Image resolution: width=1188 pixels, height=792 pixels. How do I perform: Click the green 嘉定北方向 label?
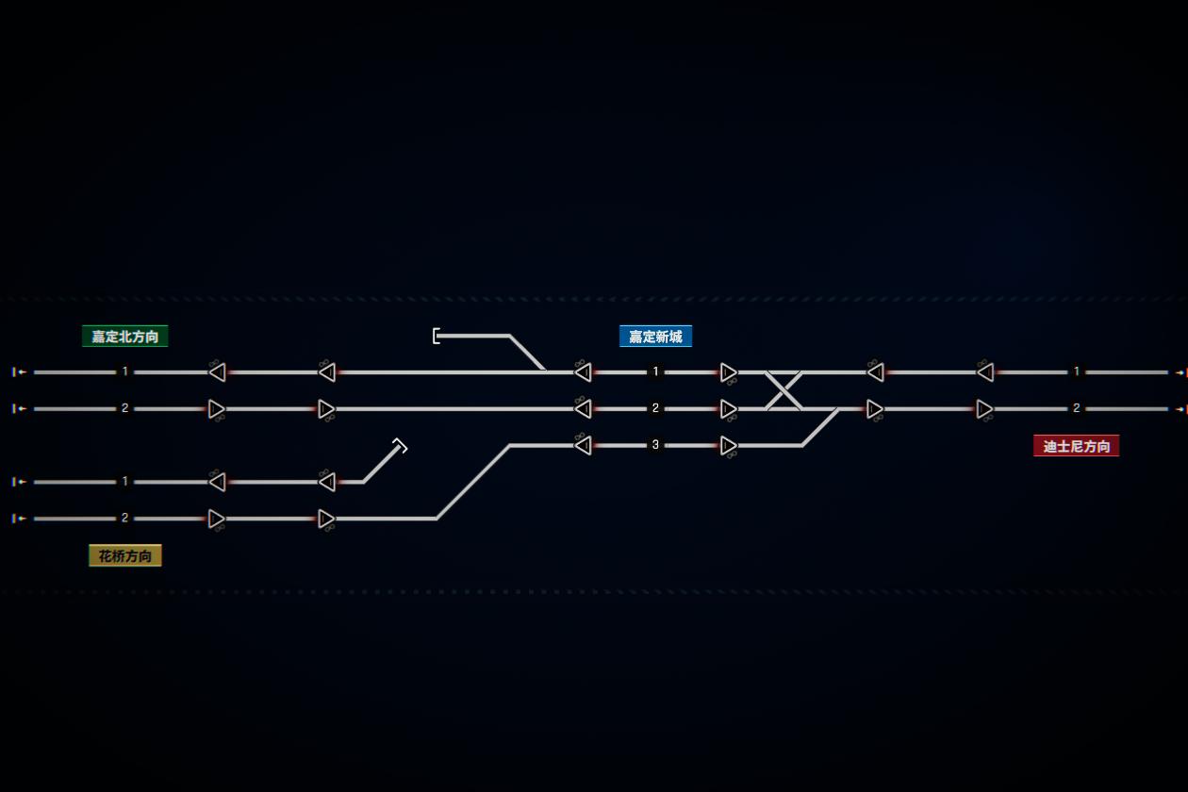(x=125, y=337)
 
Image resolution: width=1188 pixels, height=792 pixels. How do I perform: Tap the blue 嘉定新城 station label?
(x=655, y=337)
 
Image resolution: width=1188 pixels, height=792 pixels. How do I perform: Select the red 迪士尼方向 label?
(x=1076, y=446)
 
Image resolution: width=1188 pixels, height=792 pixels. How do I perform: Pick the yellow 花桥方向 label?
(x=125, y=556)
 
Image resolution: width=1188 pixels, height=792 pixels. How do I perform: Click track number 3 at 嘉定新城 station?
(x=655, y=445)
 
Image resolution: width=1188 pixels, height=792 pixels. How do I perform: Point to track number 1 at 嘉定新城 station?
(x=655, y=371)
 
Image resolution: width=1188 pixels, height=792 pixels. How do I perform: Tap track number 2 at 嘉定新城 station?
(x=655, y=408)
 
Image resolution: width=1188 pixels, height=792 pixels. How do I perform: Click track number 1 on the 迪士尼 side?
(x=1077, y=371)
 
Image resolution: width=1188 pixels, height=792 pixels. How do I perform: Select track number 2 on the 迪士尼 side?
(x=1077, y=408)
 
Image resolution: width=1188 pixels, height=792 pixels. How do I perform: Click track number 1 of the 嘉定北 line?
(x=125, y=371)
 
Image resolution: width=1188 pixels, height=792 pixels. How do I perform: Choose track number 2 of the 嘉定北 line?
(x=125, y=408)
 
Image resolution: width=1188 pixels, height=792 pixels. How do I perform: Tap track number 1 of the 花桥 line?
(x=125, y=482)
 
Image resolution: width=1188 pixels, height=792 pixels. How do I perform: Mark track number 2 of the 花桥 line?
(x=125, y=519)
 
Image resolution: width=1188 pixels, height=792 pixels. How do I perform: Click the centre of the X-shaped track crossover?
(x=784, y=390)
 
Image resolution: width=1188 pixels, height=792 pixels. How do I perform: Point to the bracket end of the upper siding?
(x=436, y=336)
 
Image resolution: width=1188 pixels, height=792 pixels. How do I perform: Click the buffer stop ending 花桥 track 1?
(x=400, y=446)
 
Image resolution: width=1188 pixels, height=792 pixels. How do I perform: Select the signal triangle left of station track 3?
(x=584, y=445)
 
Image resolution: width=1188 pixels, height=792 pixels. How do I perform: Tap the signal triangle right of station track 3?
(x=728, y=446)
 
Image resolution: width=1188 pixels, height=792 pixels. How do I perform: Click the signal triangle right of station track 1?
(x=728, y=372)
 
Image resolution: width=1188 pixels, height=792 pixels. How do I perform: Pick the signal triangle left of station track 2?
(x=584, y=408)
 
